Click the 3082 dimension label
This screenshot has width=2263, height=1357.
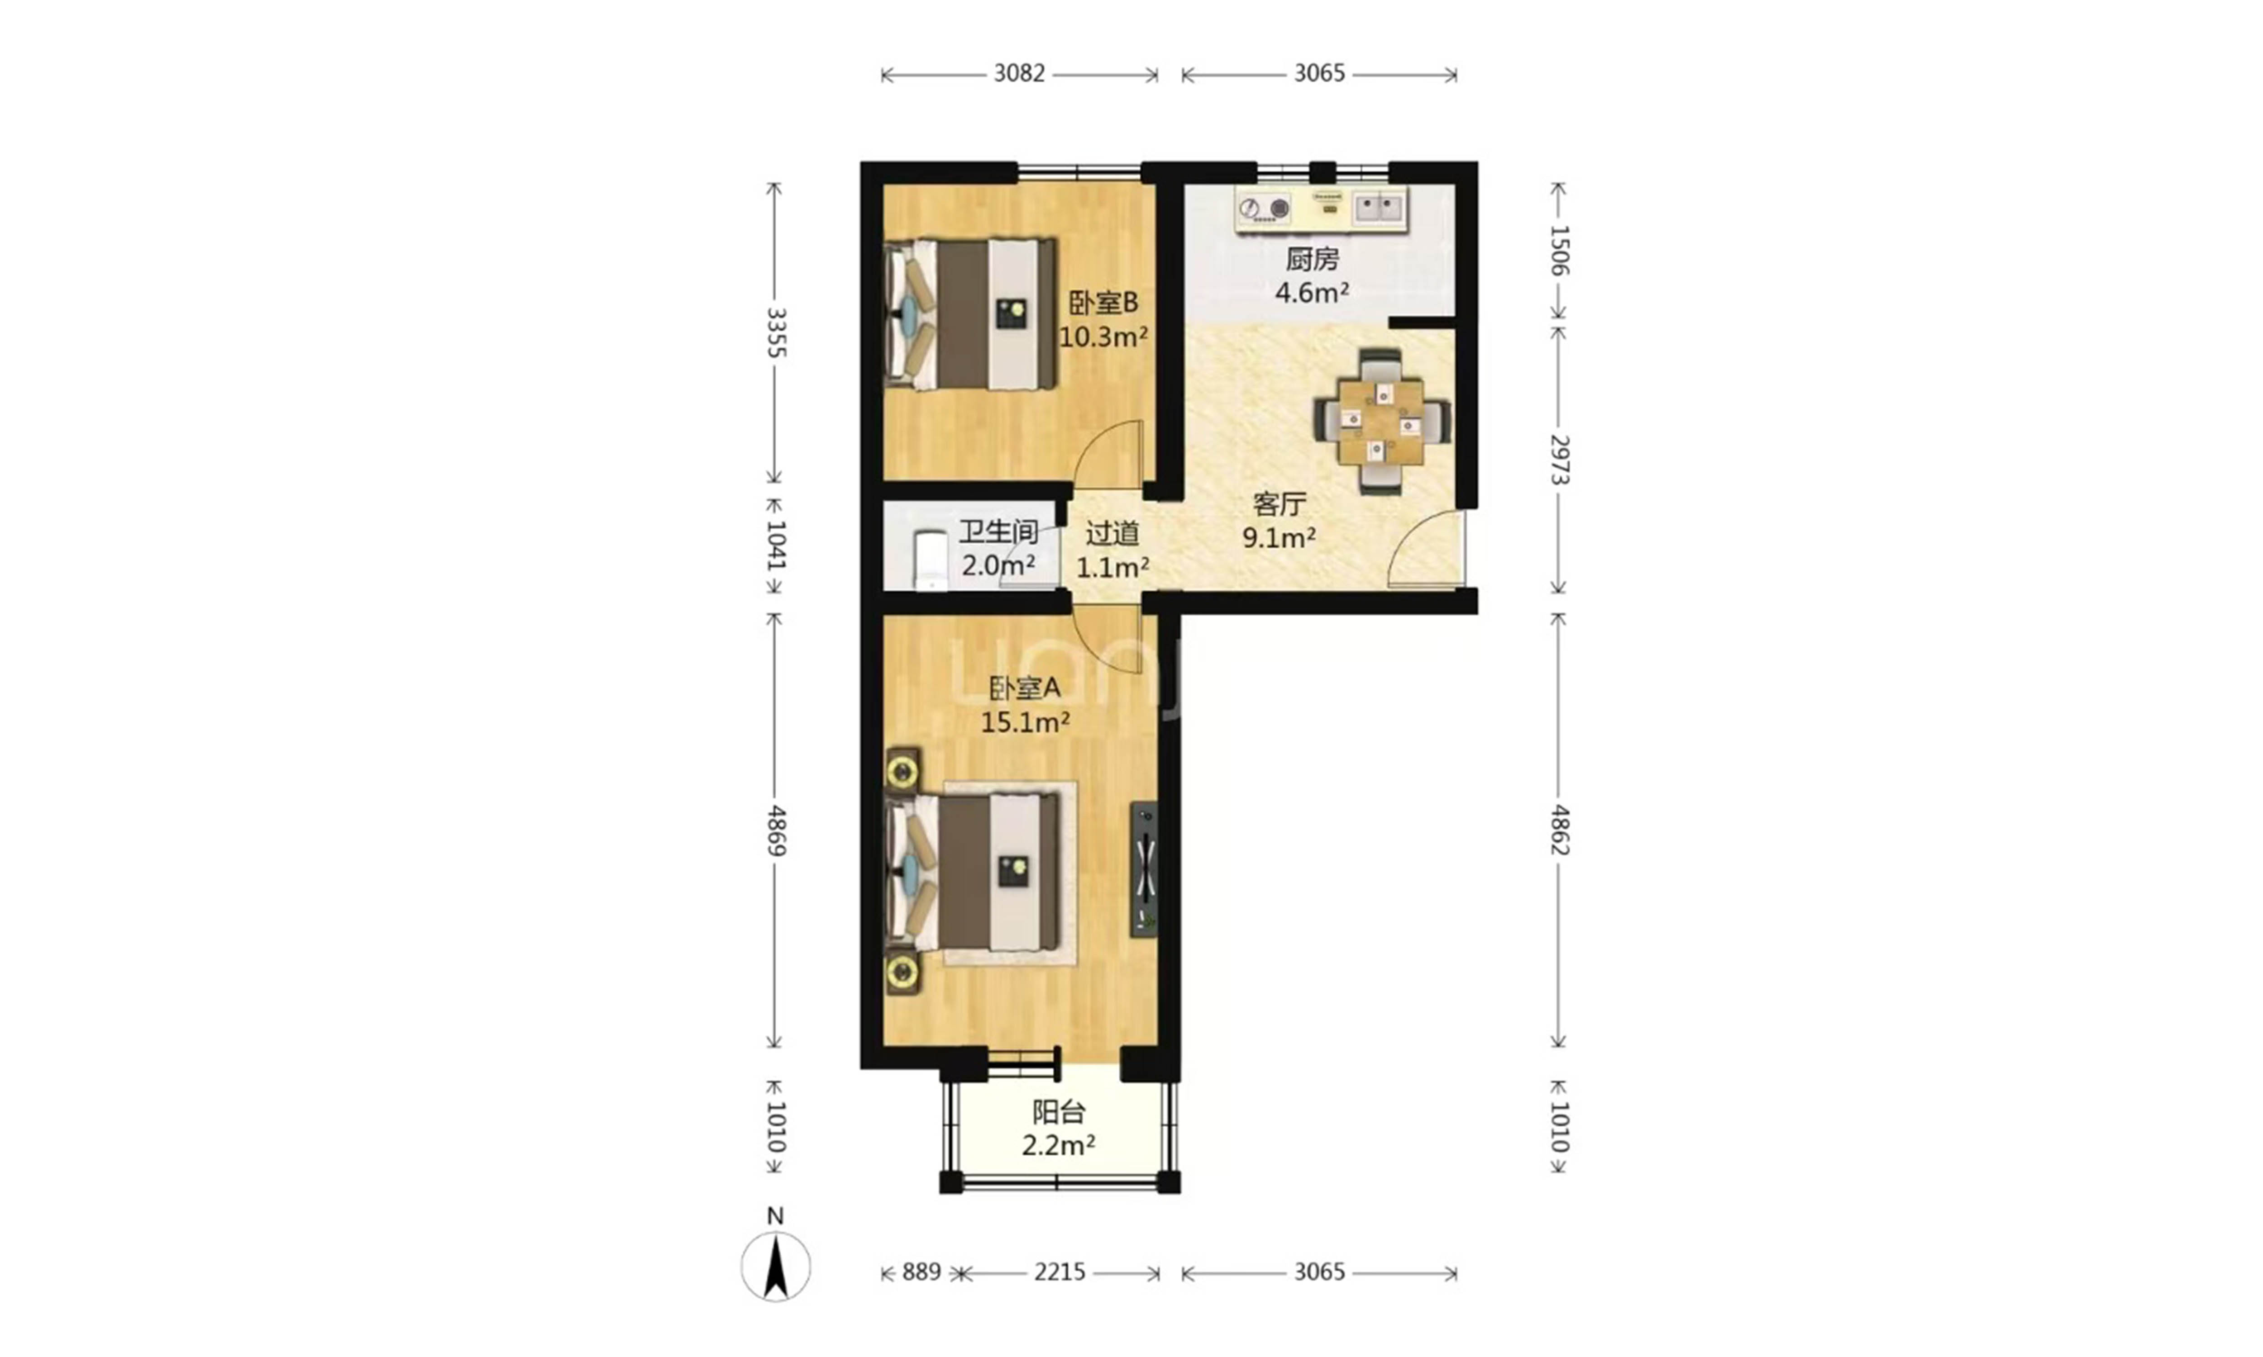click(1019, 73)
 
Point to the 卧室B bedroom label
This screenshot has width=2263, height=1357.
click(1103, 303)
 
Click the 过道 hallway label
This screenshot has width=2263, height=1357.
click(1112, 533)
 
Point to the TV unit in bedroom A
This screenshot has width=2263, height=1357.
click(1143, 870)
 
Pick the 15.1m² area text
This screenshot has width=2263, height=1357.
click(1026, 722)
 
